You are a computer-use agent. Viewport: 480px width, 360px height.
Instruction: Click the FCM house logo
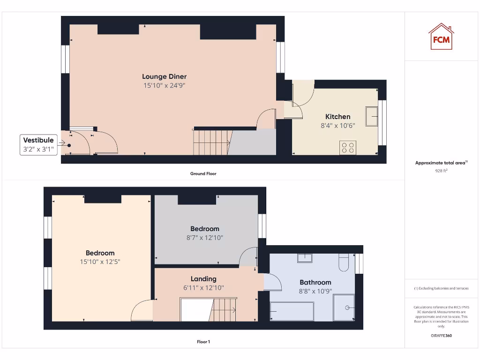[441, 37]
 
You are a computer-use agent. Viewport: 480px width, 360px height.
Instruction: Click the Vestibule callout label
[38, 140]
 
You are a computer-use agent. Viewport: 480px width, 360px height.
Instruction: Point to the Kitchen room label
[337, 117]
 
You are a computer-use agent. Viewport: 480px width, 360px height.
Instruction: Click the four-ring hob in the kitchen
[348, 147]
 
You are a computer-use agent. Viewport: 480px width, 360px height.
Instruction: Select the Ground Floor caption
[203, 173]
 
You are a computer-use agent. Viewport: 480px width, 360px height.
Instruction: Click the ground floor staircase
[212, 142]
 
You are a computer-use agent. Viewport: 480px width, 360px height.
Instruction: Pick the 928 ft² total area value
[441, 171]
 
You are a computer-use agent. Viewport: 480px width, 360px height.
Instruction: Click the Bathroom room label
[315, 282]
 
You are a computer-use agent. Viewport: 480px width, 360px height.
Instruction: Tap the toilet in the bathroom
[344, 262]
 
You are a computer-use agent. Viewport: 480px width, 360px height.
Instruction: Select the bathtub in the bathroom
[292, 311]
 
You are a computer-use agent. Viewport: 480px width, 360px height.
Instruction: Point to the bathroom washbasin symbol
[305, 257]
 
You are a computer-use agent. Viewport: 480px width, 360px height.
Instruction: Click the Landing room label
[203, 278]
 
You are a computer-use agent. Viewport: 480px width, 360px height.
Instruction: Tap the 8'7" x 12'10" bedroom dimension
[204, 238]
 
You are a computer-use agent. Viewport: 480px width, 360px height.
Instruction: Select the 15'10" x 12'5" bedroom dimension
[100, 262]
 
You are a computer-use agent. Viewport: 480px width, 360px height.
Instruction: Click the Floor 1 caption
[203, 342]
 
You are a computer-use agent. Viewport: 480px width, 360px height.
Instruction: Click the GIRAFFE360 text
[441, 336]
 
